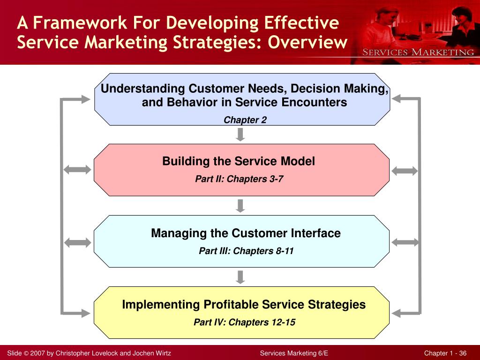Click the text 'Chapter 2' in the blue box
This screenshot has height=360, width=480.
tap(245, 120)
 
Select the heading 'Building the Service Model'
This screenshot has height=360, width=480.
tap(239, 161)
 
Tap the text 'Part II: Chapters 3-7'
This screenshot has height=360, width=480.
tap(239, 179)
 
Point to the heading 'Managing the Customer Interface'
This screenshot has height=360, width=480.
tap(246, 233)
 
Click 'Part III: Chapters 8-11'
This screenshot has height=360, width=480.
tap(246, 251)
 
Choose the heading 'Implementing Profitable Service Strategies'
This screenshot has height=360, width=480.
tap(244, 304)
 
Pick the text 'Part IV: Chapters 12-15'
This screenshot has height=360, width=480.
tap(244, 322)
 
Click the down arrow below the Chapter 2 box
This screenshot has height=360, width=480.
tap(240, 135)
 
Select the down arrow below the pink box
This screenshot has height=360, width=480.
tap(240, 205)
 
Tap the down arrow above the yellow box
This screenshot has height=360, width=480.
tap(240, 277)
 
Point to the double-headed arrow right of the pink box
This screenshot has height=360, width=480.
tap(404, 171)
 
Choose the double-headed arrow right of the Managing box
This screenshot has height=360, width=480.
tap(404, 242)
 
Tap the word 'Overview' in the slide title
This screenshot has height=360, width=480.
tap(308, 42)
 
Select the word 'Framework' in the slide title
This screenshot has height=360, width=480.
tap(76, 22)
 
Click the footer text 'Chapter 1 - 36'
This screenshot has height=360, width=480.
tap(445, 353)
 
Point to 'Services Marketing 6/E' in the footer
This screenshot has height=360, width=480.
tap(294, 353)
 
